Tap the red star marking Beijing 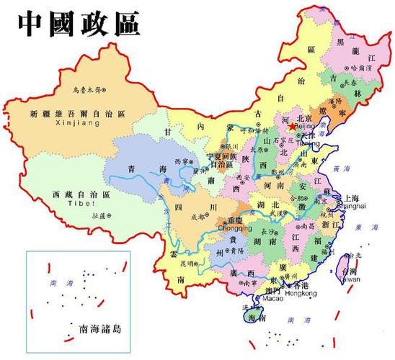click(291, 126)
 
